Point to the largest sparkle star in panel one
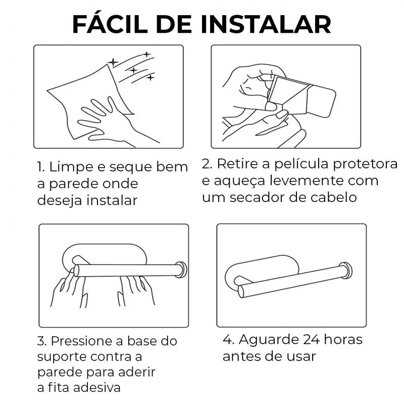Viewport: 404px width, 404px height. (x=113, y=62)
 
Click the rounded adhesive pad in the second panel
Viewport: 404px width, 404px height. (x=321, y=101)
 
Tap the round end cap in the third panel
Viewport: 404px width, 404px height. (x=181, y=269)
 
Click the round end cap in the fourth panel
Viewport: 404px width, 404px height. (x=346, y=270)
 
